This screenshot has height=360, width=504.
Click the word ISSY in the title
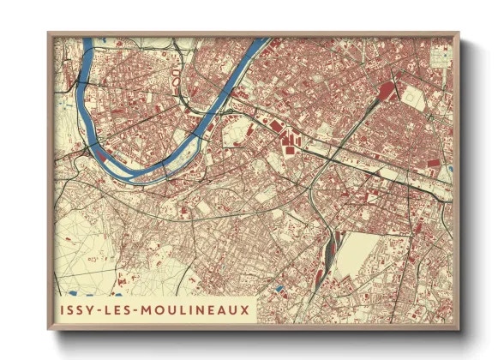(x=80, y=308)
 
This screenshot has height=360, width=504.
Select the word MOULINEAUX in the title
(x=197, y=308)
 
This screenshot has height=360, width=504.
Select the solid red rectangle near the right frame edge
(x=433, y=162)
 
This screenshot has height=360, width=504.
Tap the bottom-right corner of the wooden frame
(x=459, y=329)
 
